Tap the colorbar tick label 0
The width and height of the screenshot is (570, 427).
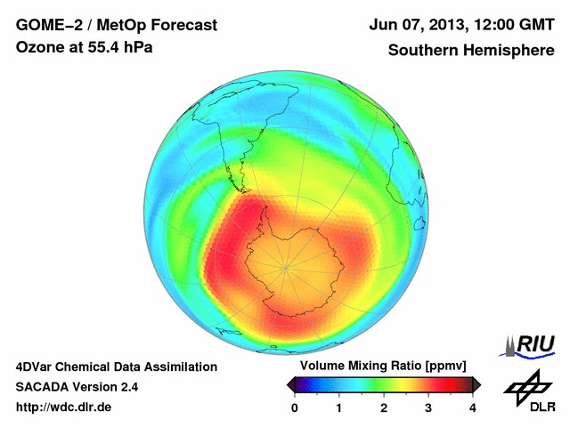tap(295, 407)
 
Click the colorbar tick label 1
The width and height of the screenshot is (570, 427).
tap(339, 407)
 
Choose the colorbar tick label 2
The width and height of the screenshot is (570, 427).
tap(384, 407)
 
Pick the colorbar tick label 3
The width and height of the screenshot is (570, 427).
tap(428, 407)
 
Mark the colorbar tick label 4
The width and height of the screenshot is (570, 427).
tap(473, 407)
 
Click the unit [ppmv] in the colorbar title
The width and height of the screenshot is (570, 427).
tap(443, 366)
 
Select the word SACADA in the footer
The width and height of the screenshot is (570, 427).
tap(45, 387)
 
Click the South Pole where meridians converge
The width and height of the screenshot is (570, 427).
tap(286, 266)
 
